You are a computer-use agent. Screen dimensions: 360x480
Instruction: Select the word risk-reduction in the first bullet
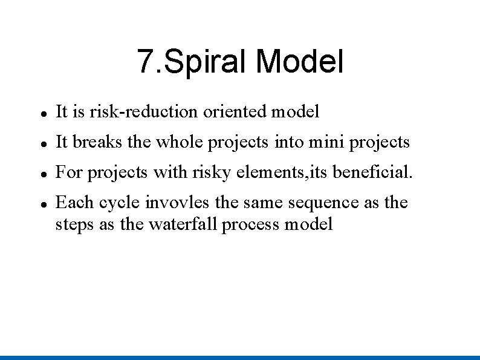point(143,112)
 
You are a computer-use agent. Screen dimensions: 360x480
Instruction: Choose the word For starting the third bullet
point(69,172)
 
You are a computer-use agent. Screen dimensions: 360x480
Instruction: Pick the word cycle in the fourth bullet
point(120,203)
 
